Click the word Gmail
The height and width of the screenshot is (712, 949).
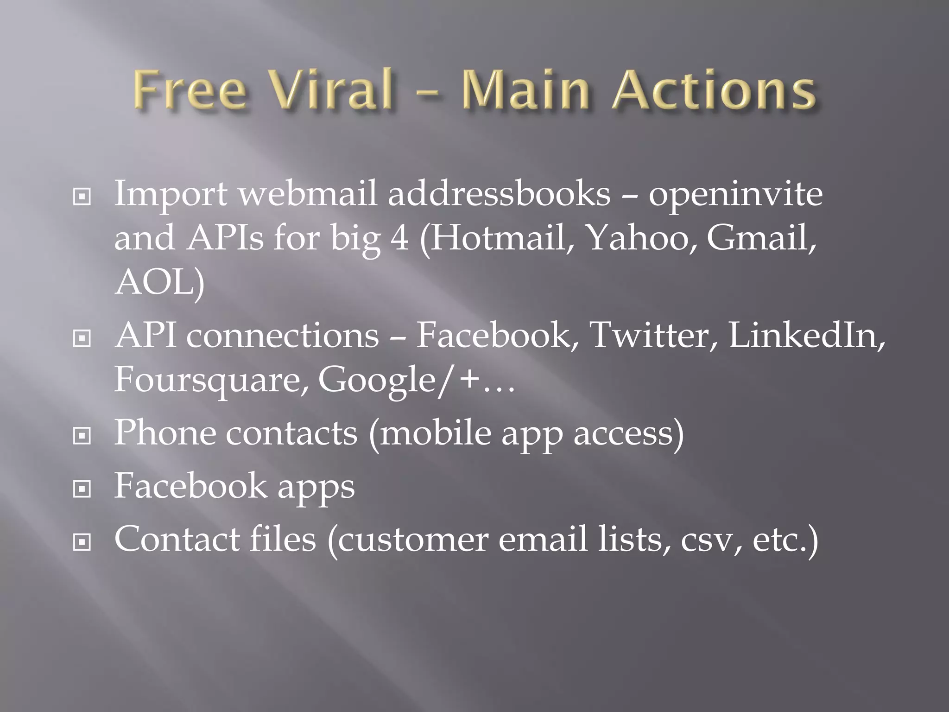760,238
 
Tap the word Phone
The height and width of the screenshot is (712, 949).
165,432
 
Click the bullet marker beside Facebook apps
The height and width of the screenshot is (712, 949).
82,489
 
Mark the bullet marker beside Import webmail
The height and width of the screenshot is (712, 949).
82,197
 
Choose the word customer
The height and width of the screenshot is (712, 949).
412,539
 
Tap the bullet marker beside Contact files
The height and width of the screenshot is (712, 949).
82,541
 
